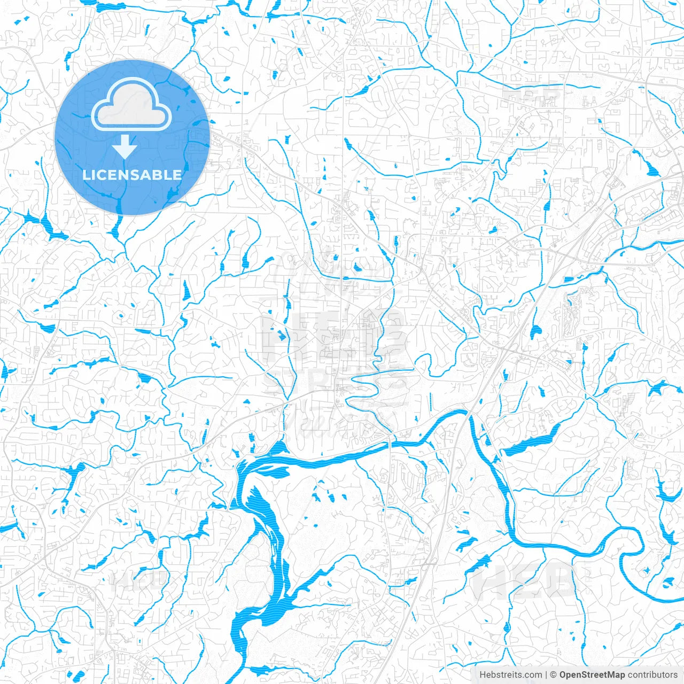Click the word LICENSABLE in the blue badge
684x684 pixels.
pyautogui.click(x=132, y=175)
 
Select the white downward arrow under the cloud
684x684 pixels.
pyautogui.click(x=125, y=147)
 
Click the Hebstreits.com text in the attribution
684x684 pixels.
pyautogui.click(x=510, y=675)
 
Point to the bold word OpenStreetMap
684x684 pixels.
pyautogui.click(x=592, y=675)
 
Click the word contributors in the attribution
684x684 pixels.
pyautogui.click(x=652, y=675)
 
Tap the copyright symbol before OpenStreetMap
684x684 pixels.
pyautogui.click(x=554, y=675)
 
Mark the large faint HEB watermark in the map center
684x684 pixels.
pyautogui.click(x=331, y=331)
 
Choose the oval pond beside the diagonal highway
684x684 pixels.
pyautogui.click(x=535, y=331)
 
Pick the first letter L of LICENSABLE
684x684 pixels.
pyautogui.click(x=85, y=175)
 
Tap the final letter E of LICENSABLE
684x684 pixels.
pyautogui.click(x=178, y=175)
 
